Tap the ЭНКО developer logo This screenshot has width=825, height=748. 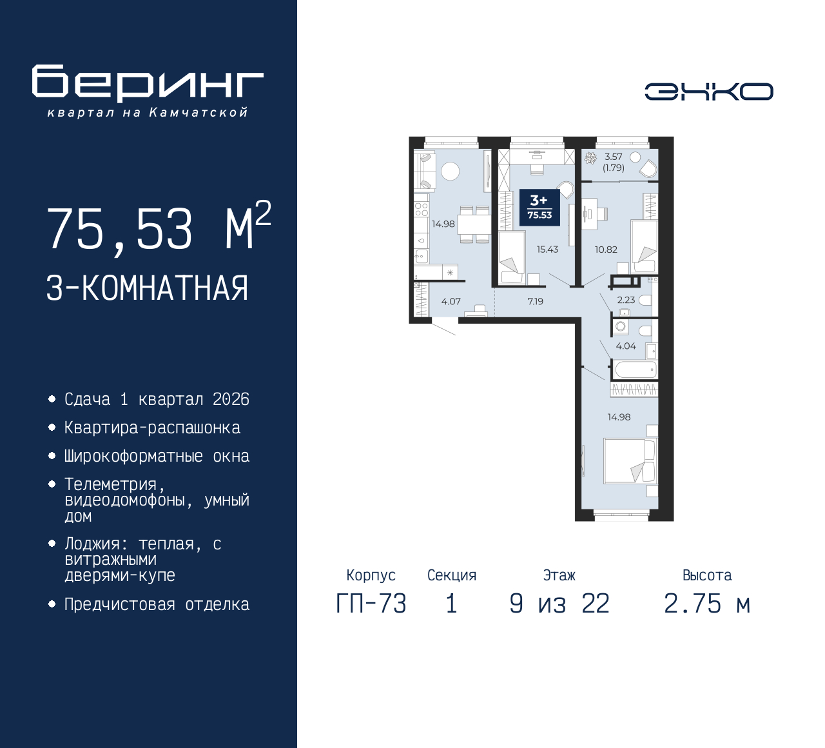point(708,92)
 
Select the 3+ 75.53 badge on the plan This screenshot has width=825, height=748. point(539,208)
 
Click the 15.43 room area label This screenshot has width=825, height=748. point(547,250)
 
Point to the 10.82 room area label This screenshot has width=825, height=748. point(606,250)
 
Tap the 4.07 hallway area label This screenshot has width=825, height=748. point(451,301)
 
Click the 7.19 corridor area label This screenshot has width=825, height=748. point(535,301)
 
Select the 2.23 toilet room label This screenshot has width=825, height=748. point(626,300)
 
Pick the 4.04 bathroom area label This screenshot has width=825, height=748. point(626,346)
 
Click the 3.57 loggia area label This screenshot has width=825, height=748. point(613,157)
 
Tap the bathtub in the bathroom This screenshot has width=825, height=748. point(635,369)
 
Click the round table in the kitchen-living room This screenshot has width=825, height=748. point(450,171)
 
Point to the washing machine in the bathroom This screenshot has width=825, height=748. point(621,327)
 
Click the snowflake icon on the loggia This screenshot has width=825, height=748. point(590,158)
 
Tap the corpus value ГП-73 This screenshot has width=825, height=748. point(371,604)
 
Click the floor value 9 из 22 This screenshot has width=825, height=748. point(559,604)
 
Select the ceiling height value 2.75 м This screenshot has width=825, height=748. point(707,604)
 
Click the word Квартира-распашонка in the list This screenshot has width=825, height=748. point(152,428)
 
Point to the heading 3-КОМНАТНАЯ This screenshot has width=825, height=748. point(147,288)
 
